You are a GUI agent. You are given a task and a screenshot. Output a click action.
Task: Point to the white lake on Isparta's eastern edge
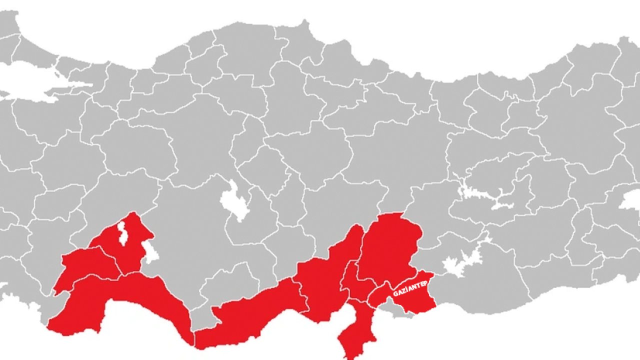coord(150,252)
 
